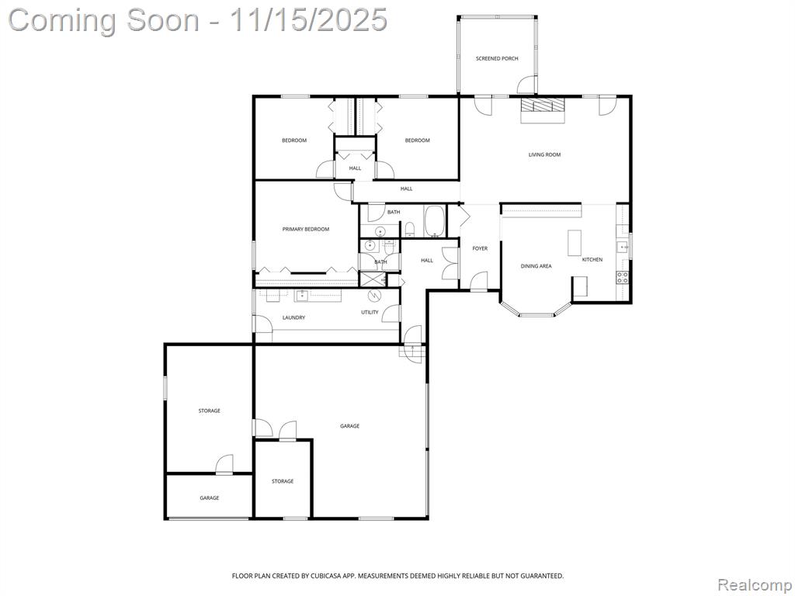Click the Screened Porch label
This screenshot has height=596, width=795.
497,59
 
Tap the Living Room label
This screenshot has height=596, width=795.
544,154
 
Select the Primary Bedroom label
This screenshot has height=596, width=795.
306,229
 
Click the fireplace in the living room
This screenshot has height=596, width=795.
543,109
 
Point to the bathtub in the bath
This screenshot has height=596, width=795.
435,221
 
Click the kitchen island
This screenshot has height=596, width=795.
574,243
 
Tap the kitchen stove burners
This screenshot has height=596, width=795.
623,277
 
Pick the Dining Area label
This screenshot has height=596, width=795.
536,266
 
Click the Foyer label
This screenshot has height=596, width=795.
480,248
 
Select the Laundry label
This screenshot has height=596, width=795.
293,317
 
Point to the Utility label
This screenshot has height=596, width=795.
370,312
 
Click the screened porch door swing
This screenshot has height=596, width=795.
526,85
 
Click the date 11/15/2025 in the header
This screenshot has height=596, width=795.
308,20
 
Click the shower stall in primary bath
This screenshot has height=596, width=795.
372,279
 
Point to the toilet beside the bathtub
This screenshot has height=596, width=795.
410,230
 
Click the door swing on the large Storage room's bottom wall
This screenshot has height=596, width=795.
224,464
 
